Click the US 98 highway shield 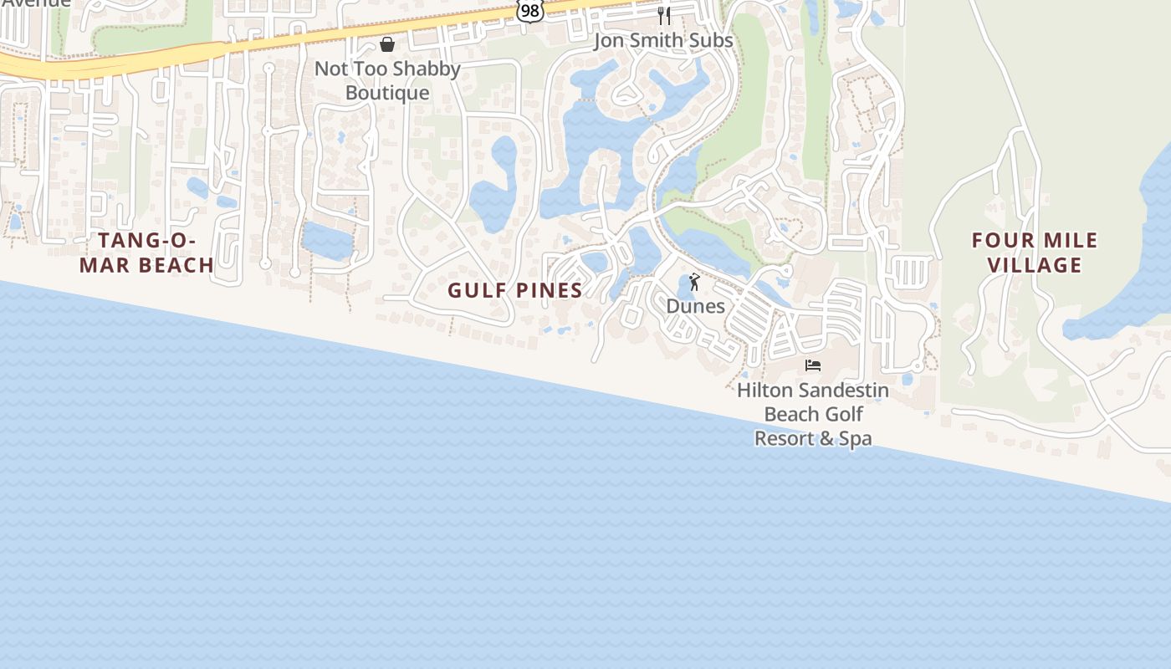pyautogui.click(x=529, y=9)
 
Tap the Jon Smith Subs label pyautogui.click(x=663, y=40)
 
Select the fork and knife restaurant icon pyautogui.click(x=664, y=15)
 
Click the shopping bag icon pyautogui.click(x=387, y=43)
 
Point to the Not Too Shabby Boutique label pyautogui.click(x=387, y=80)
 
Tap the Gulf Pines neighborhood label pyautogui.click(x=514, y=290)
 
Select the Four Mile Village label pyautogui.click(x=1034, y=253)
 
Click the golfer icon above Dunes pyautogui.click(x=694, y=282)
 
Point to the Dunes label pyautogui.click(x=695, y=306)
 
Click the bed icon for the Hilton pyautogui.click(x=813, y=365)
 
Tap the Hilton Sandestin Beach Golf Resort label pyautogui.click(x=813, y=414)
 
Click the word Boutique pyautogui.click(x=387, y=93)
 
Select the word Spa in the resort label pyautogui.click(x=855, y=438)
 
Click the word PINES pyautogui.click(x=548, y=290)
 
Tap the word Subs pyautogui.click(x=711, y=40)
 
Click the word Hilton pyautogui.click(x=764, y=390)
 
